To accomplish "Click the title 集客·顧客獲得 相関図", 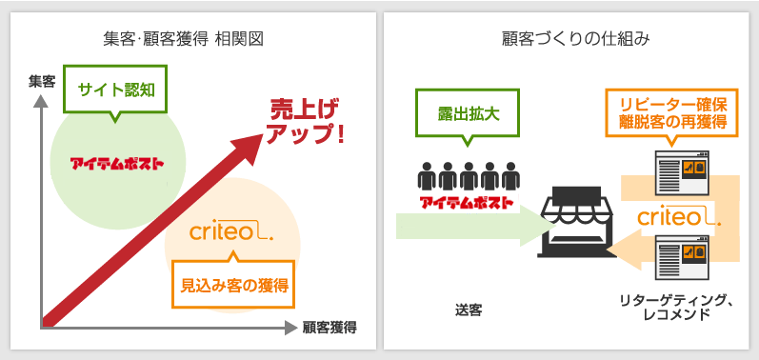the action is [183, 39].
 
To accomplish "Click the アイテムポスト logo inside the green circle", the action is [116, 163].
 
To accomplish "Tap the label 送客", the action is [468, 310].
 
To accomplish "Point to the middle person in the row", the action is [468, 176].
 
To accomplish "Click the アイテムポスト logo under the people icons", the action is [467, 202].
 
